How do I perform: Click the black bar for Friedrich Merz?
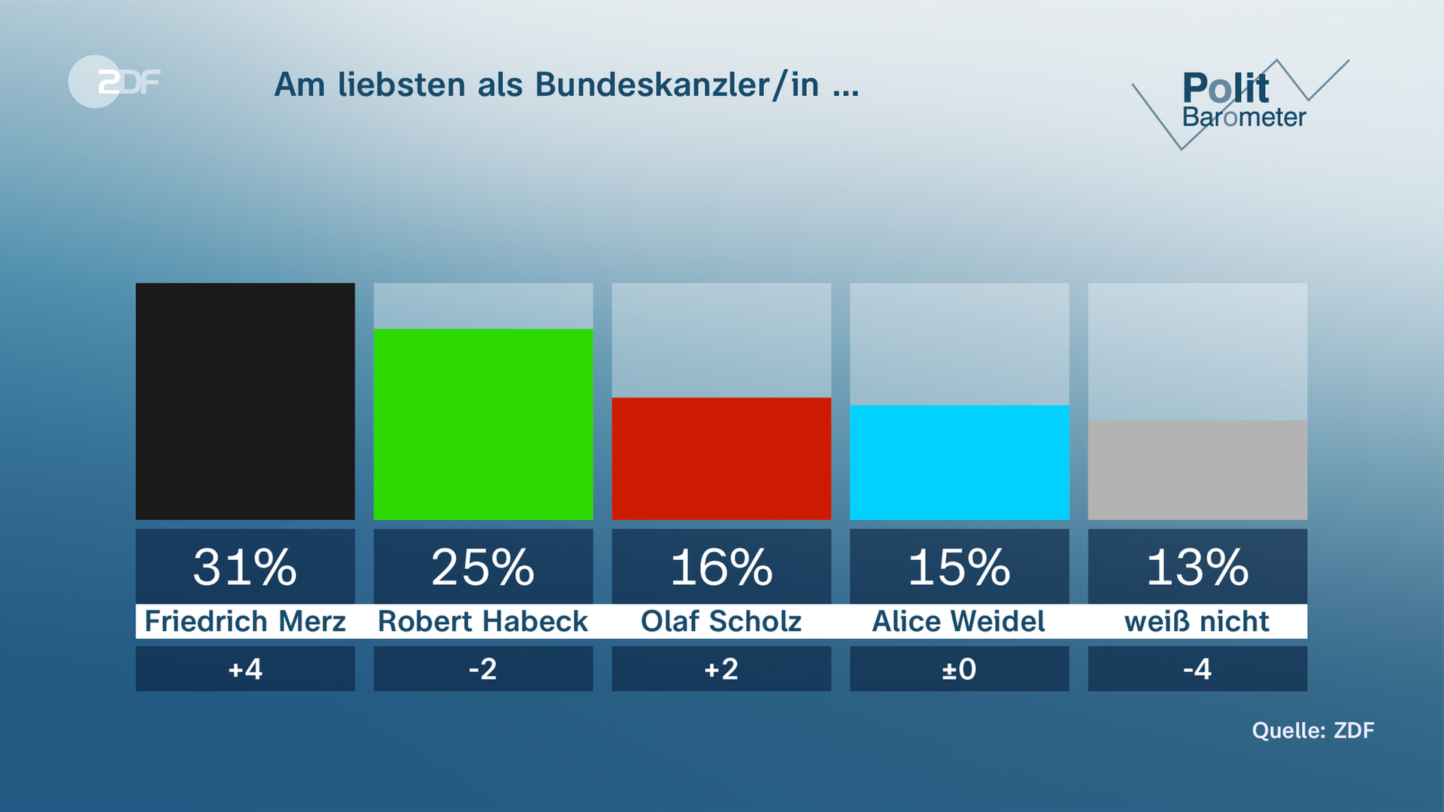pyautogui.click(x=245, y=401)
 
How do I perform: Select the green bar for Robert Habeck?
pyautogui.click(x=483, y=423)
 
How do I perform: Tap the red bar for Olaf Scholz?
pyautogui.click(x=721, y=458)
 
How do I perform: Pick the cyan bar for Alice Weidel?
pyautogui.click(x=959, y=462)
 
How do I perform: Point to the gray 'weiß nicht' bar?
pyautogui.click(x=1197, y=469)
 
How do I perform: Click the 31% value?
pyautogui.click(x=245, y=567)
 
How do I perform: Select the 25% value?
pyautogui.click(x=483, y=567)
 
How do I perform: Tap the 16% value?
pyautogui.click(x=721, y=567)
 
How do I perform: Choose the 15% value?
pyautogui.click(x=959, y=567)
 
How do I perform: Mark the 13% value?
pyautogui.click(x=1197, y=567)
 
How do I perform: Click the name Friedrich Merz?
pyautogui.click(x=245, y=622)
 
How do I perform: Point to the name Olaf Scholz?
pyautogui.click(x=721, y=622)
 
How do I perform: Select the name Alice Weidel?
pyautogui.click(x=959, y=622)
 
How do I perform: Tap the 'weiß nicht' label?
pyautogui.click(x=1197, y=622)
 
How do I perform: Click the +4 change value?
pyautogui.click(x=245, y=669)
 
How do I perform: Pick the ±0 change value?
pyautogui.click(x=959, y=669)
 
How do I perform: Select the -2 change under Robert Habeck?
pyautogui.click(x=483, y=669)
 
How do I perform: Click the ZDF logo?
pyautogui.click(x=115, y=81)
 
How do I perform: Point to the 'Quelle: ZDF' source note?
pyautogui.click(x=1312, y=731)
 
